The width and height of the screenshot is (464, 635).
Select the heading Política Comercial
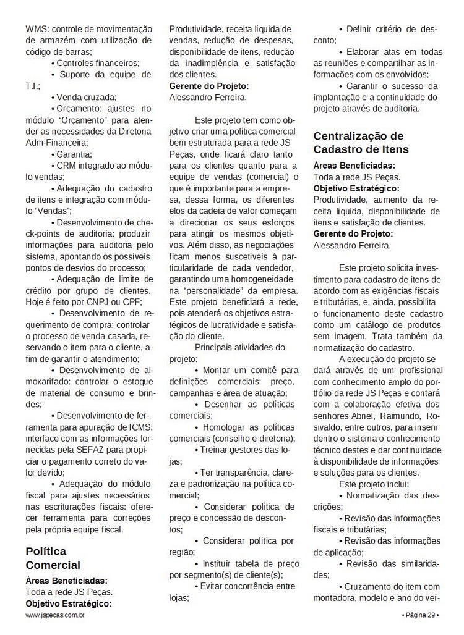(53, 558)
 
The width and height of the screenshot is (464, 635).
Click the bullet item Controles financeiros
(98, 63)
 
